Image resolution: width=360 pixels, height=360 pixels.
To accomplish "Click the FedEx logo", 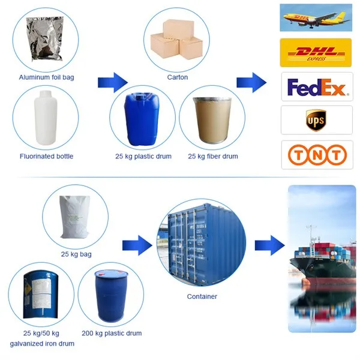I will click(x=317, y=88).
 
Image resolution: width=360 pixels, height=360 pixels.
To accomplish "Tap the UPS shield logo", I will click(x=316, y=119).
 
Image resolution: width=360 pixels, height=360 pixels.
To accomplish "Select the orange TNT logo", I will click(x=317, y=155).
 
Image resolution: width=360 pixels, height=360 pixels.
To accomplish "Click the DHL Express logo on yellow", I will click(x=316, y=53).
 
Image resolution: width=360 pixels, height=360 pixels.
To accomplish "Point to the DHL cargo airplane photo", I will click(x=316, y=19).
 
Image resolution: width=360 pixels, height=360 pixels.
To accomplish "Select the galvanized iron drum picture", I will click(x=44, y=295).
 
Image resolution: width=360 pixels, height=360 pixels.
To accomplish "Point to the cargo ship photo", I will click(x=322, y=258).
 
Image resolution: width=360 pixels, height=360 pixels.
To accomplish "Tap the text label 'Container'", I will click(x=202, y=296).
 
